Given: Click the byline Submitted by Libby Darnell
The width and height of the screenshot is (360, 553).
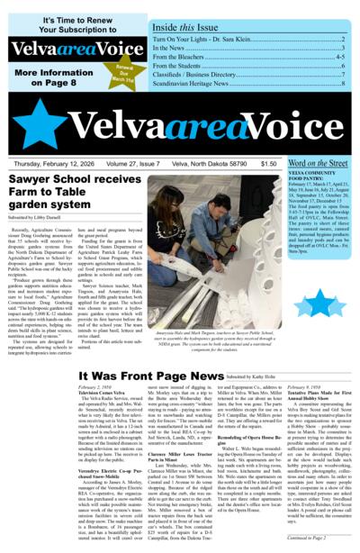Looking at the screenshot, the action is tap(43, 217).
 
